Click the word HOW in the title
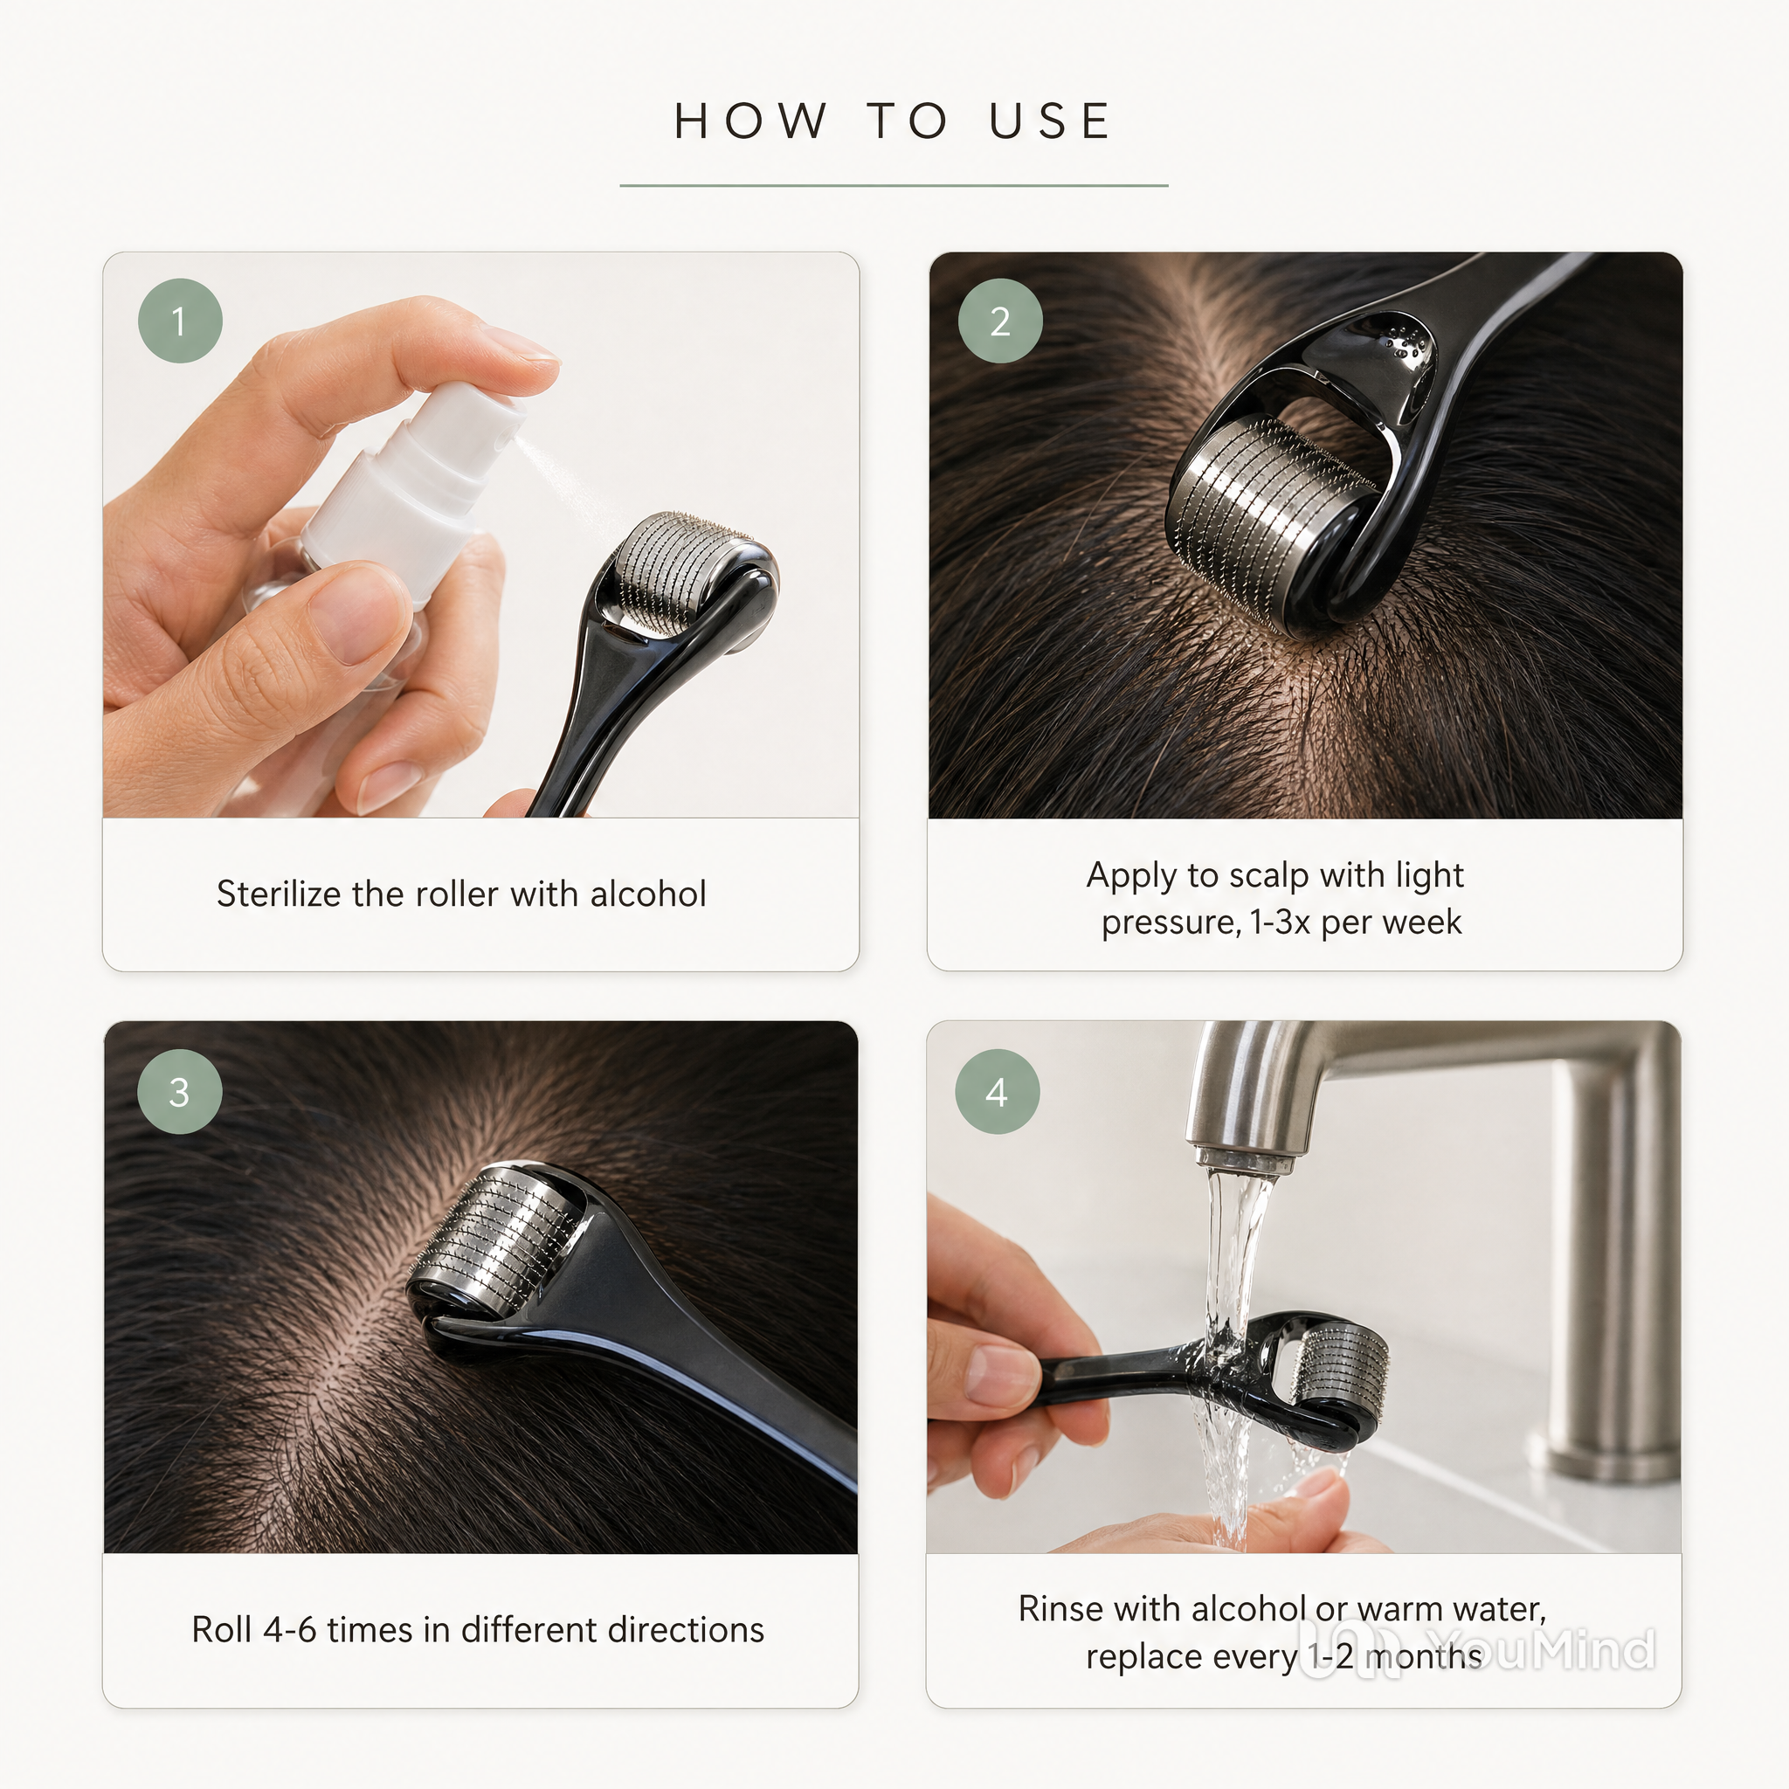[x=750, y=121]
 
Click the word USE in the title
[x=1050, y=121]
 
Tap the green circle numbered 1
[x=180, y=321]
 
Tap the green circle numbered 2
[x=1000, y=321]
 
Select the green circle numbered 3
[x=180, y=1091]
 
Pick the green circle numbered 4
[x=998, y=1091]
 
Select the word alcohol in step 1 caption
[x=648, y=894]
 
